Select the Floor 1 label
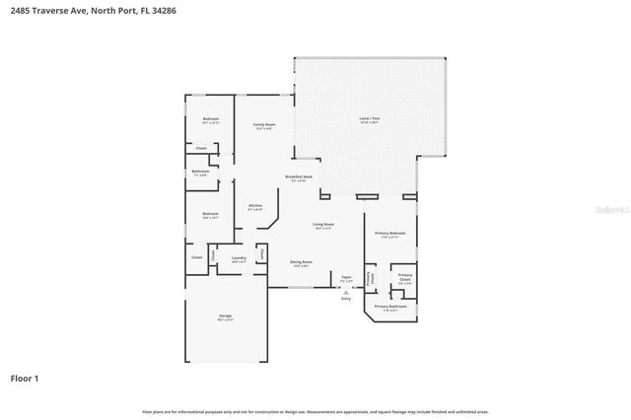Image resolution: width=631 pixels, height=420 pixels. pos(25,378)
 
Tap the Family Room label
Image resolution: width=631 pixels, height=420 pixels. pos(263,125)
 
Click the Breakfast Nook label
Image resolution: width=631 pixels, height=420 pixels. pos(299,177)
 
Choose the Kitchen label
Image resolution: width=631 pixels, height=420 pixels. pos(254,206)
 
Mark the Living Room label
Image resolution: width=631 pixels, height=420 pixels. pos(323,225)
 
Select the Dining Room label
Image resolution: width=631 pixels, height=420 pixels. pos(301,262)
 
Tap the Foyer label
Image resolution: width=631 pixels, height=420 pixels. pos(346,278)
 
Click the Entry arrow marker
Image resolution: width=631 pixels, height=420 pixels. pos(345,293)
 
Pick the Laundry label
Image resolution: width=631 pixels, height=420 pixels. pos(238,258)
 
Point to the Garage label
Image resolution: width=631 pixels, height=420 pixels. pos(226,316)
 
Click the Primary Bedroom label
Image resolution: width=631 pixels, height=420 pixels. pos(389,235)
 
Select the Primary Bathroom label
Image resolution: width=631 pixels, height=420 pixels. pos(390,307)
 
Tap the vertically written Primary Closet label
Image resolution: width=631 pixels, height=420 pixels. pos(371,278)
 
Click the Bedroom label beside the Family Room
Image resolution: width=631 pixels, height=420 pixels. pos(210,119)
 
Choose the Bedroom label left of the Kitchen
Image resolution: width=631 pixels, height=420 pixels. pos(210,214)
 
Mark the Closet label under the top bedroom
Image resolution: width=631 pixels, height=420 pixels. pos(200,148)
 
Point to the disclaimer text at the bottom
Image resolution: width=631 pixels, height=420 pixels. pos(315,410)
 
